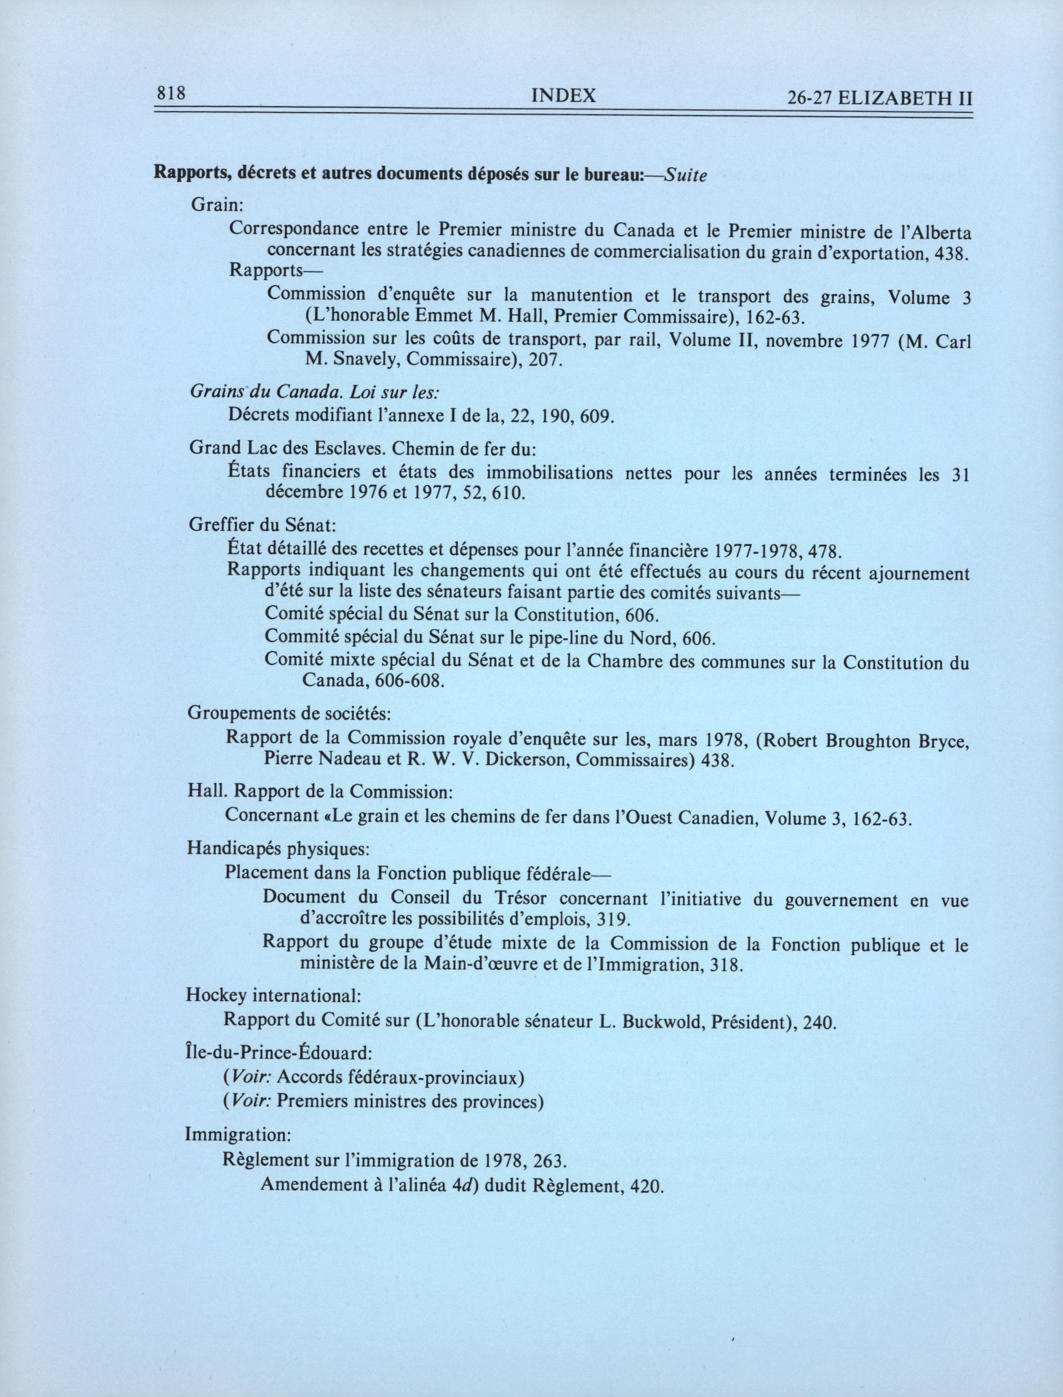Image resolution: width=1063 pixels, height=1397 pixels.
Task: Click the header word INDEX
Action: pyautogui.click(x=563, y=96)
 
